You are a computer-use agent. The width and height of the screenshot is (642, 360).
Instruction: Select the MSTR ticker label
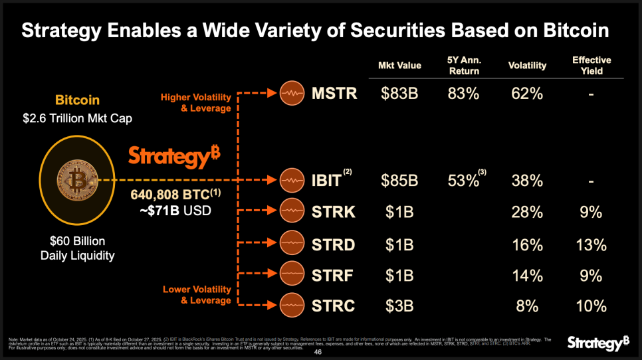click(334, 93)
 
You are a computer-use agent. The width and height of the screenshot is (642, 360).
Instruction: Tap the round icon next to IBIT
click(292, 179)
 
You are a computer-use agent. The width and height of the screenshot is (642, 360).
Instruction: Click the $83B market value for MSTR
click(399, 94)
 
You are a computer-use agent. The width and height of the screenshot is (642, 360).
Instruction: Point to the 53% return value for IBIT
click(463, 179)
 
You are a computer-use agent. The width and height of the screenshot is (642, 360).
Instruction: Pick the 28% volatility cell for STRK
click(526, 212)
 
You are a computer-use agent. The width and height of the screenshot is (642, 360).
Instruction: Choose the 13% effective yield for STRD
click(591, 244)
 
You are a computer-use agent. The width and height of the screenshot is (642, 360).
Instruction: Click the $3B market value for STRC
click(399, 306)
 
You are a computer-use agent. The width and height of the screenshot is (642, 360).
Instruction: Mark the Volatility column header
click(527, 65)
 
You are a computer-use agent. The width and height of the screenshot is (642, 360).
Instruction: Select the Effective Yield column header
click(591, 65)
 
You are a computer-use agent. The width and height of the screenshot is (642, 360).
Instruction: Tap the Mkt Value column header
click(399, 65)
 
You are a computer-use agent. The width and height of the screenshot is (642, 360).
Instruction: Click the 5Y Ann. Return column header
click(464, 65)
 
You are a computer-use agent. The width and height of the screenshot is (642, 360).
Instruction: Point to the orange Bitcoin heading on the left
click(77, 100)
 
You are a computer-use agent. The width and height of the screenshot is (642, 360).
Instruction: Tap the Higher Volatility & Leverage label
click(196, 103)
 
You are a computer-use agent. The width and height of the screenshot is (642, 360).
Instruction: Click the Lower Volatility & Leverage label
click(197, 295)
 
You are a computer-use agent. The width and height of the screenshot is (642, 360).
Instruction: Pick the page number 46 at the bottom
click(318, 353)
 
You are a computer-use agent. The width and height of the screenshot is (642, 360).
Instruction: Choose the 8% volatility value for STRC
click(527, 306)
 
